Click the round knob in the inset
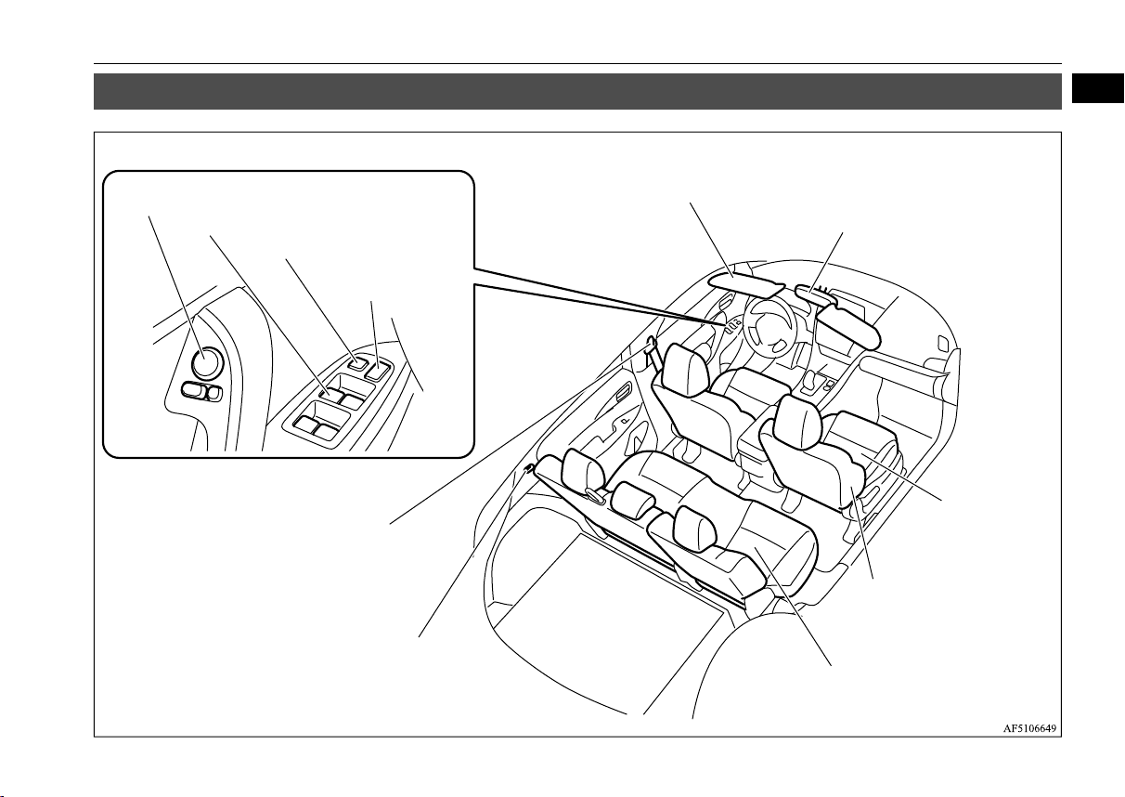click(207, 363)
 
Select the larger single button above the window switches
click(377, 371)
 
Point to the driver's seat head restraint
click(684, 370)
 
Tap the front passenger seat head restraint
click(798, 421)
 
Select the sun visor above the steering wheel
click(746, 284)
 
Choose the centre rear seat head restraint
click(634, 500)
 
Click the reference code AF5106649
click(1029, 728)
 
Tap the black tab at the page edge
click(1098, 88)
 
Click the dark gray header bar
click(577, 91)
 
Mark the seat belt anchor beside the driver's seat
click(651, 345)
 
